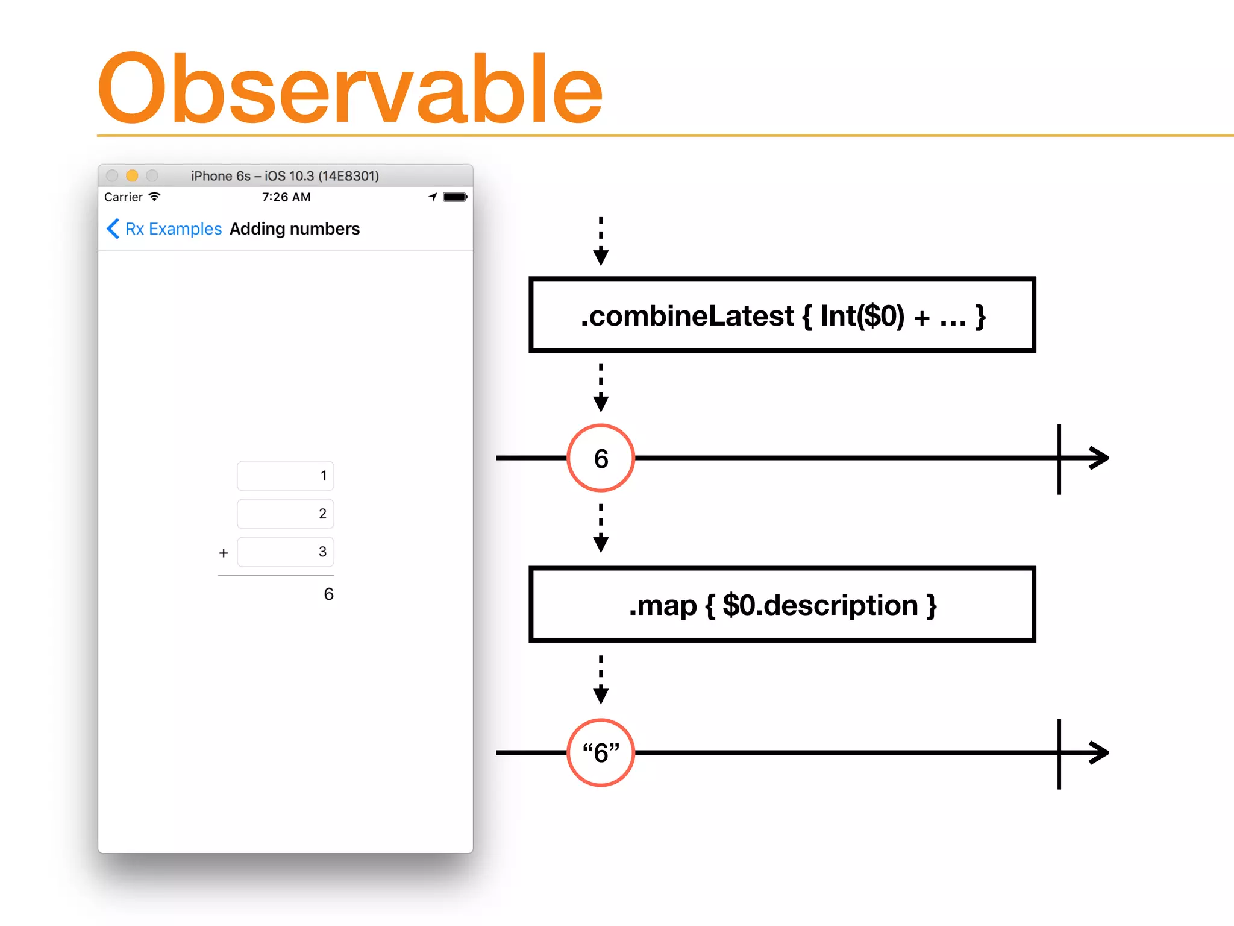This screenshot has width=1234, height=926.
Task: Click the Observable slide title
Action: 349,89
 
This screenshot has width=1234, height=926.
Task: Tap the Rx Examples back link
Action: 174,229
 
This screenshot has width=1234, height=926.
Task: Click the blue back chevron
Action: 113,229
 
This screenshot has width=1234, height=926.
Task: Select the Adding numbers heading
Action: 294,229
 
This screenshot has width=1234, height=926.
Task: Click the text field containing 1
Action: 286,476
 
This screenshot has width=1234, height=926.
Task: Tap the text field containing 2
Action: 286,514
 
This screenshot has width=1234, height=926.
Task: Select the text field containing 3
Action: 286,552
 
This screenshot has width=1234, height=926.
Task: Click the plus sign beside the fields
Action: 224,553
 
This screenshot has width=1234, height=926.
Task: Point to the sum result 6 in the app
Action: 328,594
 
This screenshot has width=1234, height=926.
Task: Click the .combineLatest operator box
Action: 781,315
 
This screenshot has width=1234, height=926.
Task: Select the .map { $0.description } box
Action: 781,605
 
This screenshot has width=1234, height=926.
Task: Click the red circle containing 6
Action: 601,458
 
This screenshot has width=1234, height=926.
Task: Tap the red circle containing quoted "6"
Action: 601,752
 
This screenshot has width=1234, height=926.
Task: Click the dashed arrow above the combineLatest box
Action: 601,241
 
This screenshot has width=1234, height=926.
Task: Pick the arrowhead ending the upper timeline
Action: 1100,458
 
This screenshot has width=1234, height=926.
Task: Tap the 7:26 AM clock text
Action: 286,197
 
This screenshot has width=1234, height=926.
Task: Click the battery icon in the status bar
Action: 455,197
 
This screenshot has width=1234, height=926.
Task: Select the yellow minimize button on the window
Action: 132,175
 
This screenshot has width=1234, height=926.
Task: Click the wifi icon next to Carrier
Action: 155,197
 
